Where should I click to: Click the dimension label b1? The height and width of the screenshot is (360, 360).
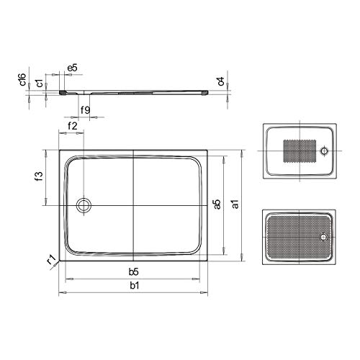coord(135,286)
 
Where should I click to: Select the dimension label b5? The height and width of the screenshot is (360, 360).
coord(133,272)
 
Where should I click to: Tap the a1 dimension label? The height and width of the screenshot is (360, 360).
coord(235,204)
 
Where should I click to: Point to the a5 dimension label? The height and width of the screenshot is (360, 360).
coord(217,204)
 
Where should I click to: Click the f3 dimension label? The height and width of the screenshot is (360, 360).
coord(39,176)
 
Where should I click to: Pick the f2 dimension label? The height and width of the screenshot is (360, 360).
coord(73,126)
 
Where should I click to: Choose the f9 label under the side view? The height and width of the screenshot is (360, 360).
coord(85,110)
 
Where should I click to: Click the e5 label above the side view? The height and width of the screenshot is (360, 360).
coord(72,68)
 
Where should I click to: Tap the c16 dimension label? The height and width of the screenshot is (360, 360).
coord(22,79)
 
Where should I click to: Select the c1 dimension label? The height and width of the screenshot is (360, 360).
coord(40,83)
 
